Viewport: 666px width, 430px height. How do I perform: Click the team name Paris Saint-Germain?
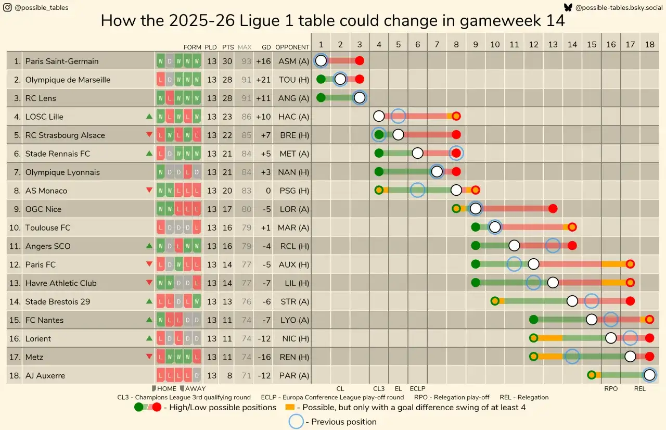point(62,61)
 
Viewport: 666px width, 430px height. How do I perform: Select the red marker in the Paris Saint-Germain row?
point(360,61)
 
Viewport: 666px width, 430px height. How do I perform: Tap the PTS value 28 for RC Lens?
point(227,98)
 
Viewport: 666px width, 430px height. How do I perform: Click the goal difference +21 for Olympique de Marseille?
point(263,80)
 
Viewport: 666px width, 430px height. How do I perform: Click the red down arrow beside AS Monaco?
point(149,191)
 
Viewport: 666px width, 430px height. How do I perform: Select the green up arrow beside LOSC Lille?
point(149,117)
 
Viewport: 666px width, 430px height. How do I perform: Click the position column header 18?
point(649,45)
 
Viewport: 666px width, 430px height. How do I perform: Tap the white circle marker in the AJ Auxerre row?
point(649,375)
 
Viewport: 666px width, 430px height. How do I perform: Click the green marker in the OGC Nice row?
point(456,209)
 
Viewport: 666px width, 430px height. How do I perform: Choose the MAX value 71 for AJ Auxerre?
point(246,375)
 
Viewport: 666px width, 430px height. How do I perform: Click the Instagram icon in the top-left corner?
point(7,7)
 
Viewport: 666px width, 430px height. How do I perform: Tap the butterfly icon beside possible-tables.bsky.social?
point(568,7)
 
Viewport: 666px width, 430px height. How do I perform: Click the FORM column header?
point(193,47)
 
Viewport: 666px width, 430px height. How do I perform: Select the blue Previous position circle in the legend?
point(296,422)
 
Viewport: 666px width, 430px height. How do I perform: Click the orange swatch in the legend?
point(291,407)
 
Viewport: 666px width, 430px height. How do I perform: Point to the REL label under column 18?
point(640,388)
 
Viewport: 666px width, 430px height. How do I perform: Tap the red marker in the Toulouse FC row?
point(572,227)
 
